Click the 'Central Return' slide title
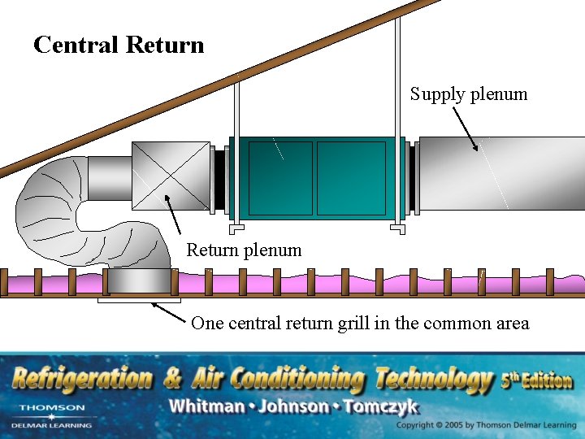point(119,45)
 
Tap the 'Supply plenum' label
point(468,94)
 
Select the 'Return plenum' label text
point(244,250)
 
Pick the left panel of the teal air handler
point(280,178)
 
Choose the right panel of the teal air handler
point(350,178)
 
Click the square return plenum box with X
point(171,176)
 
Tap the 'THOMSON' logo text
point(51,407)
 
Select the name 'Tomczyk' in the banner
point(381,406)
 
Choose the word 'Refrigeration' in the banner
point(81,379)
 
